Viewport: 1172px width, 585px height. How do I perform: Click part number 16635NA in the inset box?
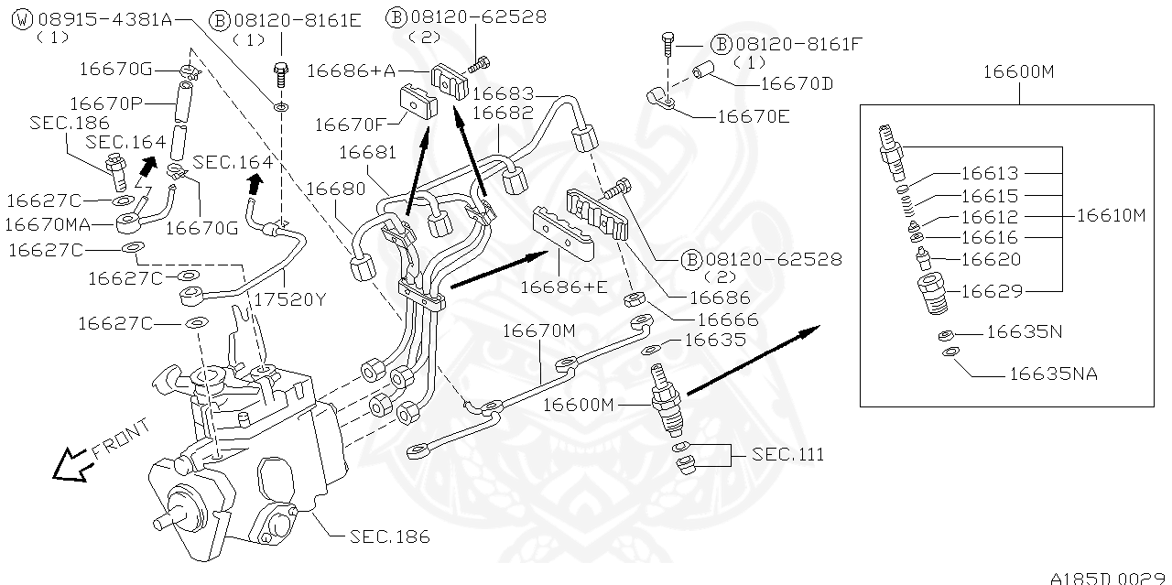tap(1053, 374)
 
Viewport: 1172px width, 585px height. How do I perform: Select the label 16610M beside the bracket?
tap(1111, 216)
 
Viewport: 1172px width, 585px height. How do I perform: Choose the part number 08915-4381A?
tap(103, 17)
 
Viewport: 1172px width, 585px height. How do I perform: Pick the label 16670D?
tap(797, 83)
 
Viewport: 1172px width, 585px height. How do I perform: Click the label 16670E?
tap(753, 116)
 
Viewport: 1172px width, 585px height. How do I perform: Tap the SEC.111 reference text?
tap(788, 454)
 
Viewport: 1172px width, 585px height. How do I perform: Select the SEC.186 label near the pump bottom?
tap(390, 536)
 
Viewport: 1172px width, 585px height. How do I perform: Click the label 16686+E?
tap(563, 287)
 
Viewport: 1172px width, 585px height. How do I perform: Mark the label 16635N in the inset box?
tap(1024, 332)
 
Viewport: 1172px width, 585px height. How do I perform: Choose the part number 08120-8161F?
tap(789, 43)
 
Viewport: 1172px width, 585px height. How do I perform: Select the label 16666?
tap(727, 319)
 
